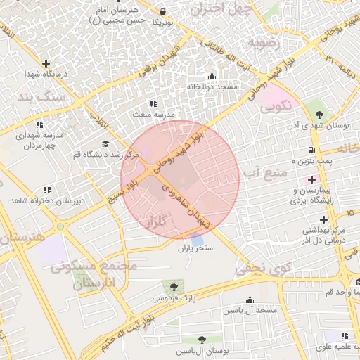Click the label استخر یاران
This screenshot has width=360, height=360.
pos(195,249)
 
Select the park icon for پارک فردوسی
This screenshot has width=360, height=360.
pos(173,285)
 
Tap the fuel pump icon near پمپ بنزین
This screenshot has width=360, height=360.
pos(311,150)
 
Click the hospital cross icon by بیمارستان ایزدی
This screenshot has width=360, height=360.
pos(311,179)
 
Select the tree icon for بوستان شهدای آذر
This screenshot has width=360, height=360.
pos(320,114)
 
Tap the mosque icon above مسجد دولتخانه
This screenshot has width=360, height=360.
pos(212,77)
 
